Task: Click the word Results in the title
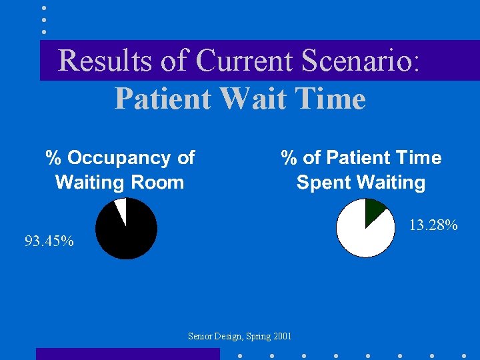[107, 61]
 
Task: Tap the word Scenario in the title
[360, 61]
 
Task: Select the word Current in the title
[245, 61]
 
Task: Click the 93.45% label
[49, 241]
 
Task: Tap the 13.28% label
[433, 225]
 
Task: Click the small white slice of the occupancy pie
[121, 207]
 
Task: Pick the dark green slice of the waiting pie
[373, 209]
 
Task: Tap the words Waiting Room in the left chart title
[119, 182]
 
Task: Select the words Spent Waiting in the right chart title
[361, 182]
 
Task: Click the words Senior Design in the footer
[215, 337]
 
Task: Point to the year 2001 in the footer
[282, 337]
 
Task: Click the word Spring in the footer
[257, 337]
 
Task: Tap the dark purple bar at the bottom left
[127, 354]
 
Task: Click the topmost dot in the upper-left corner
[44, 8]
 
